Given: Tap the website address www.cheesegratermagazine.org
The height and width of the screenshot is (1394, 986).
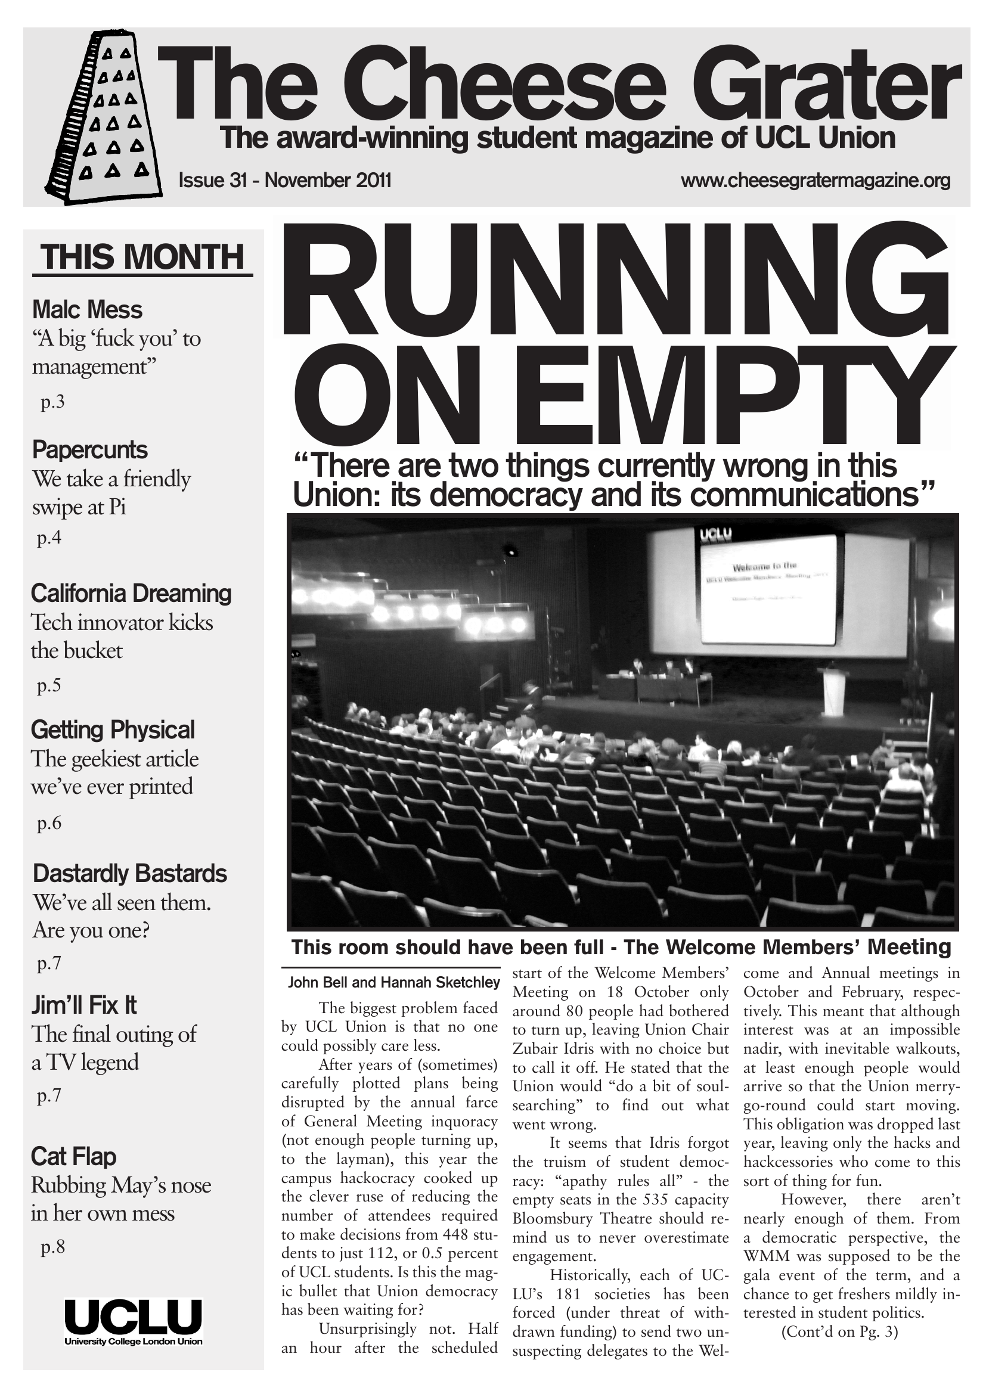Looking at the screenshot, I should (815, 181).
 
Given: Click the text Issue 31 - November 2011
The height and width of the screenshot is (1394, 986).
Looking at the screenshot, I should (285, 181).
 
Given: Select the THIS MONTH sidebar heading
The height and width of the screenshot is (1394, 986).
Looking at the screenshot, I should (142, 257).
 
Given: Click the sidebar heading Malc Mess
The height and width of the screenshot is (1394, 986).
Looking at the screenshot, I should (87, 310).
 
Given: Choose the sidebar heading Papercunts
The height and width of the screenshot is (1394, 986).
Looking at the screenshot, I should (89, 450).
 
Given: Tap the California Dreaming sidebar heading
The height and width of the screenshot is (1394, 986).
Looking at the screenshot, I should (131, 593).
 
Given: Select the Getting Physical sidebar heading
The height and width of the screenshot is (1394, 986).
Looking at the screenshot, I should (112, 730).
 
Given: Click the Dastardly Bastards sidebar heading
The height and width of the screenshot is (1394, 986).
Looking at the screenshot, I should (129, 873).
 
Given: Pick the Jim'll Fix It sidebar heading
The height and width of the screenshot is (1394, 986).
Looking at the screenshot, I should (84, 1005).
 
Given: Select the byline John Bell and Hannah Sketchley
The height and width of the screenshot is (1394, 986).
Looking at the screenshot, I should (393, 982).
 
